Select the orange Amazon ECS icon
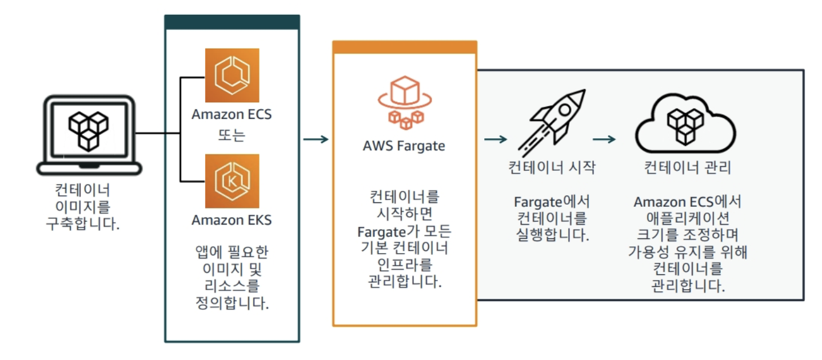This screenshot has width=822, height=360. point(232,75)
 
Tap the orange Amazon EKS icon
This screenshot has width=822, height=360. point(232,181)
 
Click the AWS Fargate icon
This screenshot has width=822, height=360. point(404,103)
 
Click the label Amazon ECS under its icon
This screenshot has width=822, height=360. point(232,114)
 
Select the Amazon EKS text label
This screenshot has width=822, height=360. point(232,220)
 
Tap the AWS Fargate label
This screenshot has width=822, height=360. point(404,145)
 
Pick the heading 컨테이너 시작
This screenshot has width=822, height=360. point(552,167)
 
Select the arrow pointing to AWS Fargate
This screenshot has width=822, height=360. point(316,139)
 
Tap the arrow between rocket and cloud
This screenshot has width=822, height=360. point(604,139)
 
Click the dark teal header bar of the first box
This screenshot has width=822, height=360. point(232,22)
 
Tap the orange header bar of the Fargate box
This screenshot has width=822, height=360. point(404,47)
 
